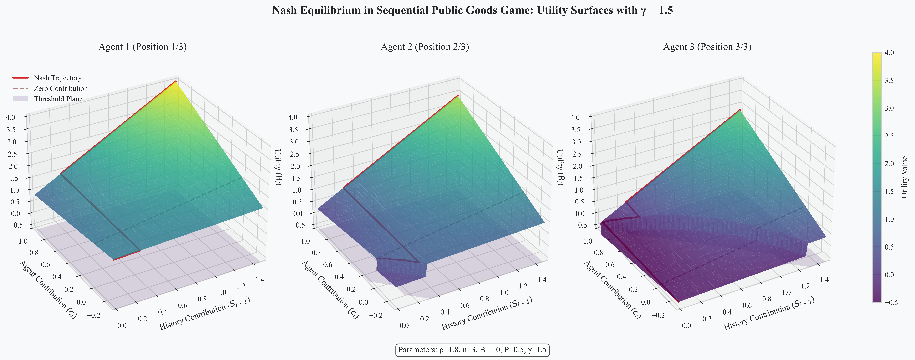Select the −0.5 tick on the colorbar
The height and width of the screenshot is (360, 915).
point(891,302)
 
